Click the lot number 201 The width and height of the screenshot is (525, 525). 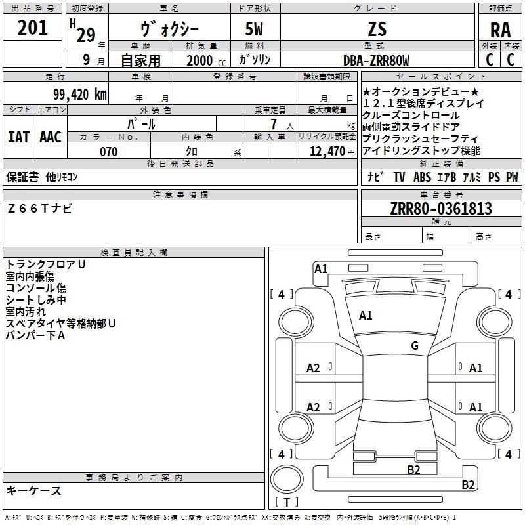click(33, 28)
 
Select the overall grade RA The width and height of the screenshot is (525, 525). click(500, 30)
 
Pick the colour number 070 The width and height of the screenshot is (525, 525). click(108, 152)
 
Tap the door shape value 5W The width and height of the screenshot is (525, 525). click(255, 30)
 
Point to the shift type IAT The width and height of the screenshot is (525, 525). click(18, 136)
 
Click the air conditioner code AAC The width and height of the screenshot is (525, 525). click(51, 136)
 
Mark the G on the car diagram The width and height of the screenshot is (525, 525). click(415, 346)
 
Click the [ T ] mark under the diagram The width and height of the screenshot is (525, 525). click(287, 502)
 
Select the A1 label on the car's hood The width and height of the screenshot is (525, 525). click(366, 316)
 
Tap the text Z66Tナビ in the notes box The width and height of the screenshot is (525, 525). click(40, 209)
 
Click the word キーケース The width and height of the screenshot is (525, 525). click(33, 490)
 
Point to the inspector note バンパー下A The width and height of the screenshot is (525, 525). click(35, 335)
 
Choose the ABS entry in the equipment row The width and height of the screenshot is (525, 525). click(423, 177)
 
